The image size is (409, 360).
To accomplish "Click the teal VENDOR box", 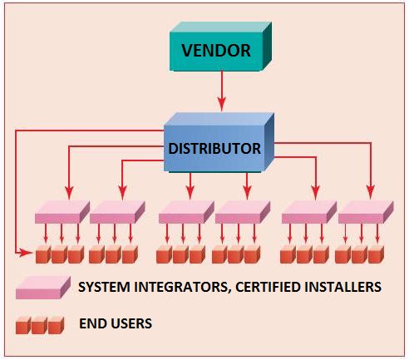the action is (220, 47).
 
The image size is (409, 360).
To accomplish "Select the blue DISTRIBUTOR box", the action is (219, 142).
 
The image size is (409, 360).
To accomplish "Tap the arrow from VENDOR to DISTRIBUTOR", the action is (222, 91).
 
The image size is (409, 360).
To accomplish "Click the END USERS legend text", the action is (116, 323).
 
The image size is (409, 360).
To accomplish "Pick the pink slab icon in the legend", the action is (43, 288).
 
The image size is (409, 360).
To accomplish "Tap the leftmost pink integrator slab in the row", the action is (62, 212).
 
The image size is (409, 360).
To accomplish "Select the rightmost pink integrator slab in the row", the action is (366, 212).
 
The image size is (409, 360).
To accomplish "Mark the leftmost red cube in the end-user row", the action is (43, 254).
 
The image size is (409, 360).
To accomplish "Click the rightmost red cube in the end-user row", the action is (376, 254).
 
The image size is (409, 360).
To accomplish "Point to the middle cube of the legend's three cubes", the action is (40, 325).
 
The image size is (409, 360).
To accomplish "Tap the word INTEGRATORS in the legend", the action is (182, 288).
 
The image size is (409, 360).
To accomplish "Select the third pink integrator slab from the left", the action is (186, 212).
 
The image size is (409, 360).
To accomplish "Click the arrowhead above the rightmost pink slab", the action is (371, 192).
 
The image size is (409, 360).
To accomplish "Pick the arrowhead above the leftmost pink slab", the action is (69, 192).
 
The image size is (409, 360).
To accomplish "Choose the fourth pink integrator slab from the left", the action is (243, 212).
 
